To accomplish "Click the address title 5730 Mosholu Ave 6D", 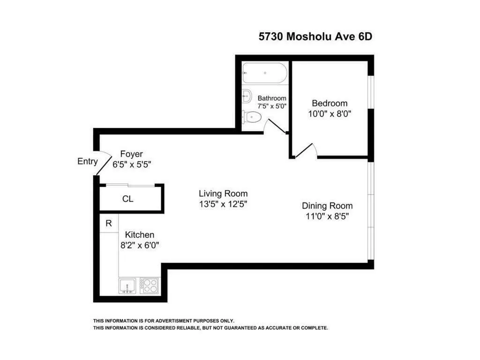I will pos(315,36).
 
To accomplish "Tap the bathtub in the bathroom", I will pos(264,73).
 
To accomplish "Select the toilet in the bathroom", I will pos(252,116).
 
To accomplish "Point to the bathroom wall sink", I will pos(247,96).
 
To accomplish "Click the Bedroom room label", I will pos(330,103).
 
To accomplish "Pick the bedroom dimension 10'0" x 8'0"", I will pos(330,113).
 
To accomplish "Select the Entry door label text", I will pos(87,162).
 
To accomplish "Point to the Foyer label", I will pos(131,154).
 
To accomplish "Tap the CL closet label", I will pos(127,199).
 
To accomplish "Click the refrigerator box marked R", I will pos(109,223).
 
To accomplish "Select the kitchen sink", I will pos(127,285).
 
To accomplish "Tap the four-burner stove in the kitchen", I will pos(150,285).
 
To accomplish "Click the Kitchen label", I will pos(139,235).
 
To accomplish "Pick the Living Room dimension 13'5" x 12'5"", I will pos(223,204).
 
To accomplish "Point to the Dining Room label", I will pos(327,206).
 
